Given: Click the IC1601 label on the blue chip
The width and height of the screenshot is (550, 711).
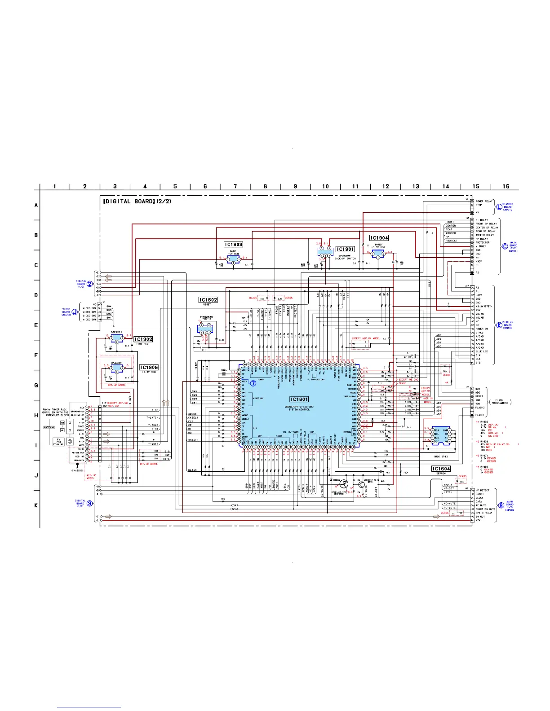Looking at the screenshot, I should [299, 399].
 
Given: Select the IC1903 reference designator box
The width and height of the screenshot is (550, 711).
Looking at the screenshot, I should [234, 245].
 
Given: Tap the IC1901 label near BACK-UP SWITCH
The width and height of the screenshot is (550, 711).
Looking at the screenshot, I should [345, 249].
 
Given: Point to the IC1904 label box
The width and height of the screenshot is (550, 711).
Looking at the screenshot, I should [379, 238].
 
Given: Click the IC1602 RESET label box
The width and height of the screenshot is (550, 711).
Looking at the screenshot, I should [208, 300].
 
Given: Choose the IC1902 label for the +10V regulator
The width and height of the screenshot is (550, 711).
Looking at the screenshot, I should [143, 339].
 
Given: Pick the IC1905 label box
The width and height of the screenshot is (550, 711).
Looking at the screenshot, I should [149, 367].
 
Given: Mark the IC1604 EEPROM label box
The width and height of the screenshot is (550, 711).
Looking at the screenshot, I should [441, 469].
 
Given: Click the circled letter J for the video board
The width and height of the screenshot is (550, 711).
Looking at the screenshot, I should [75, 312].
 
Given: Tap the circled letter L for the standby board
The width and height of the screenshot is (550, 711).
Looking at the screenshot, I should [499, 206].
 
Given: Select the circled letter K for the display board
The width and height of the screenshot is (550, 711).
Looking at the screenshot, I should [499, 325].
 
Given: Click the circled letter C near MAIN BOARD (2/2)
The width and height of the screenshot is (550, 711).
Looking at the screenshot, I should [505, 246].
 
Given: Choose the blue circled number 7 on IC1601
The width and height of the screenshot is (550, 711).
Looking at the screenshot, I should [253, 383].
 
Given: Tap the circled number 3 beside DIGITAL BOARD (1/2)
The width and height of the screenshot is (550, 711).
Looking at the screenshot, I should [90, 503].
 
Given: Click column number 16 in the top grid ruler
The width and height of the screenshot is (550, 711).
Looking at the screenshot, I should [506, 186].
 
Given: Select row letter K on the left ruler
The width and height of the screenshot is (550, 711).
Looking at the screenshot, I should [36, 505].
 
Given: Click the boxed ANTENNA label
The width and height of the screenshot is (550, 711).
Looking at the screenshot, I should [49, 428].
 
